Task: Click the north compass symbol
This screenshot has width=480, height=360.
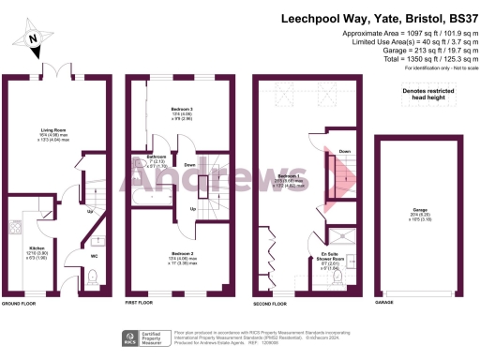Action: pyautogui.click(x=34, y=37)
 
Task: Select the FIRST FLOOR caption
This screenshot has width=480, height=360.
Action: pyautogui.click(x=141, y=305)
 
